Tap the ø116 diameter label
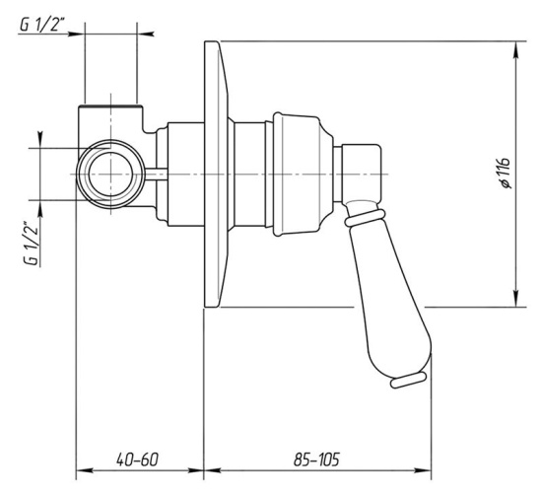503,173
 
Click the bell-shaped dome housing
302,175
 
